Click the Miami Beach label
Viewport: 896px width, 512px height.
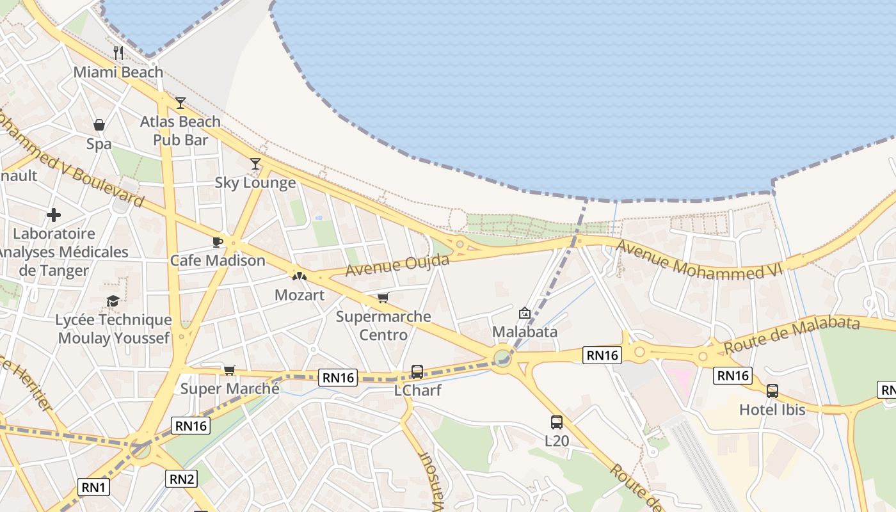coord(118,72)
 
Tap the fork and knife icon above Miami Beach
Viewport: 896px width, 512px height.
coord(118,52)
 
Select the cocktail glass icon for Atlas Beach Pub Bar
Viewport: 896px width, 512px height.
coord(180,102)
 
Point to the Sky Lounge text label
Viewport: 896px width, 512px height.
coord(255,183)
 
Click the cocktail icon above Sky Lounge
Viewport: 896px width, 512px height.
coord(255,164)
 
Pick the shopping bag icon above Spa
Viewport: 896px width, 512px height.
coord(99,125)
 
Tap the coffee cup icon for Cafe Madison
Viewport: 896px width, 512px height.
coord(217,242)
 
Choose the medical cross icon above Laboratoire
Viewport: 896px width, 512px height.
coord(54,214)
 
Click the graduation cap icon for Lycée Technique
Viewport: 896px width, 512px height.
coord(113,301)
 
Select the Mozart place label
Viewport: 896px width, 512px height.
coord(300,295)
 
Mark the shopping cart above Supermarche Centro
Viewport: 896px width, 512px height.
coord(383,298)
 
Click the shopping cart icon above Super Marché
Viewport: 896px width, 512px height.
coord(230,370)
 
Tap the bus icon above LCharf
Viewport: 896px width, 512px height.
coord(417,371)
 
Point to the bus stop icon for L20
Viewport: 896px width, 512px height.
coord(557,422)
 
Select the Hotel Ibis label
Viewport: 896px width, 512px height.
coord(772,410)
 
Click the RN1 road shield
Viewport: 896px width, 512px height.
coord(93,487)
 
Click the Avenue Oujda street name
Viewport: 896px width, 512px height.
coord(397,265)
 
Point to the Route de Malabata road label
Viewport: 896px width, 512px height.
coord(791,335)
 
